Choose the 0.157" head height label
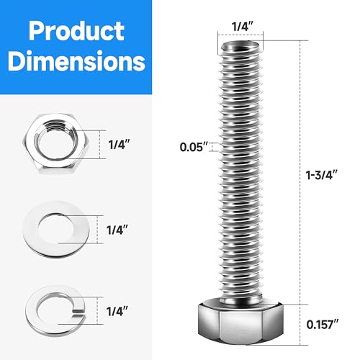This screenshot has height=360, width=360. click(325, 323)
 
